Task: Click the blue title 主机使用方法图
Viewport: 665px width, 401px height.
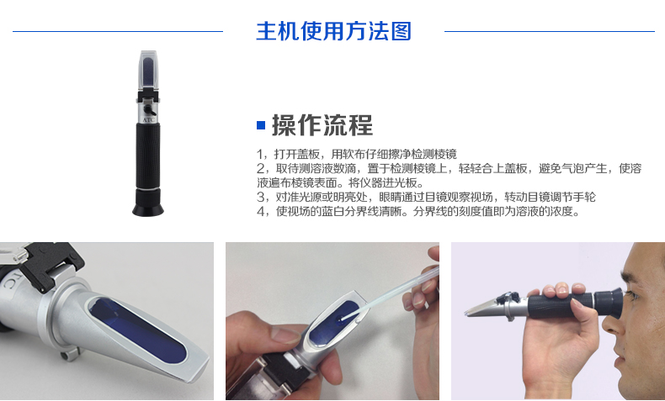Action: pyautogui.click(x=333, y=31)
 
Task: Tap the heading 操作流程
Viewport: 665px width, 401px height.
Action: pyautogui.click(x=322, y=125)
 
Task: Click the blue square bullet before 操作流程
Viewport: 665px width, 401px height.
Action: pyautogui.click(x=261, y=125)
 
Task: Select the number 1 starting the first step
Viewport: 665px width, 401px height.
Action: pyautogui.click(x=259, y=154)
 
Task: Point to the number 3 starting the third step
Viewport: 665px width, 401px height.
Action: pyautogui.click(x=260, y=197)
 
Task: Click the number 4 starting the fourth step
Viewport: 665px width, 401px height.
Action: pyautogui.click(x=260, y=211)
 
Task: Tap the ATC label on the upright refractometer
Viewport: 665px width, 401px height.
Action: pyautogui.click(x=149, y=120)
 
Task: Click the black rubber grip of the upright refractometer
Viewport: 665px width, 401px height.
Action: pyautogui.click(x=148, y=156)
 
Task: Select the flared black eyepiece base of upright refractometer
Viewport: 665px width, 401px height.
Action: pyautogui.click(x=148, y=203)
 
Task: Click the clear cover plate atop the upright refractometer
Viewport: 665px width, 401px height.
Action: pyautogui.click(x=147, y=72)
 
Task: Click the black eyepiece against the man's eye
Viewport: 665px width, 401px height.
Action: pyautogui.click(x=609, y=303)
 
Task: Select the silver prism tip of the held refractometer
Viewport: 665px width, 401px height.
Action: pyautogui.click(x=481, y=308)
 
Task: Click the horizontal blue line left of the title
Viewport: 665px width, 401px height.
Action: pyautogui.click(x=118, y=31)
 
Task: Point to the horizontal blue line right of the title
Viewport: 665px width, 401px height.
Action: pyautogui.click(x=550, y=31)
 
